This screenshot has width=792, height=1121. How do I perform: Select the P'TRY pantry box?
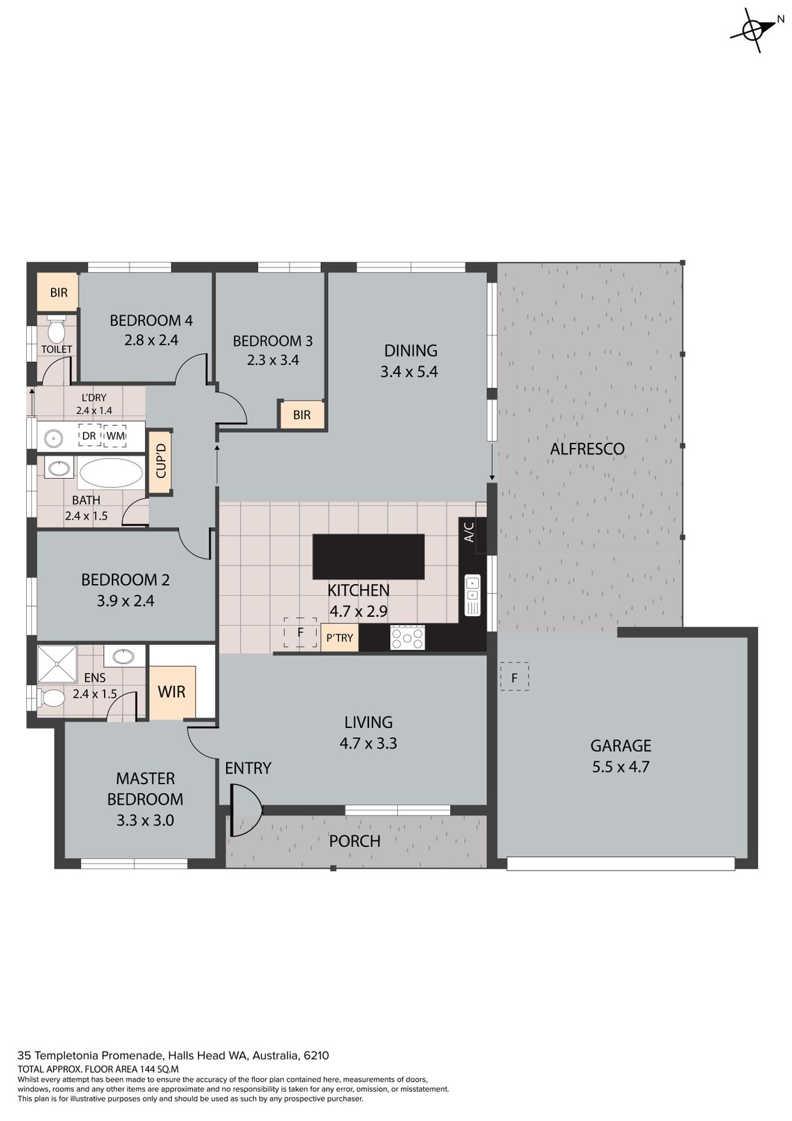coord(340,638)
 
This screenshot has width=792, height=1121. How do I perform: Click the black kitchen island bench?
coord(369,557)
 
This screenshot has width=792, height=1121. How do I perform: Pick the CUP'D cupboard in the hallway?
coord(161,462)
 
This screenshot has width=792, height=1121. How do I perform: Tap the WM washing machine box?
coord(116,436)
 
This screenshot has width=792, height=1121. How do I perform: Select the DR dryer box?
coord(89,436)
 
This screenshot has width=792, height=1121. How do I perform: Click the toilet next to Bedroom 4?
coord(56,328)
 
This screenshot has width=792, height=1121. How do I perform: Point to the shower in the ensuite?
coord(58,664)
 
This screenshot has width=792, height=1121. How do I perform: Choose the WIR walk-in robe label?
coord(171,692)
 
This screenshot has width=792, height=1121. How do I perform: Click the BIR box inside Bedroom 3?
coord(301,415)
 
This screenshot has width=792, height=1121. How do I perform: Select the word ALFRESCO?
coord(587,449)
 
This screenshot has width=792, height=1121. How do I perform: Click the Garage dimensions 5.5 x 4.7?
coord(621,767)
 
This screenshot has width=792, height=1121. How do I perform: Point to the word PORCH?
coord(354,841)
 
